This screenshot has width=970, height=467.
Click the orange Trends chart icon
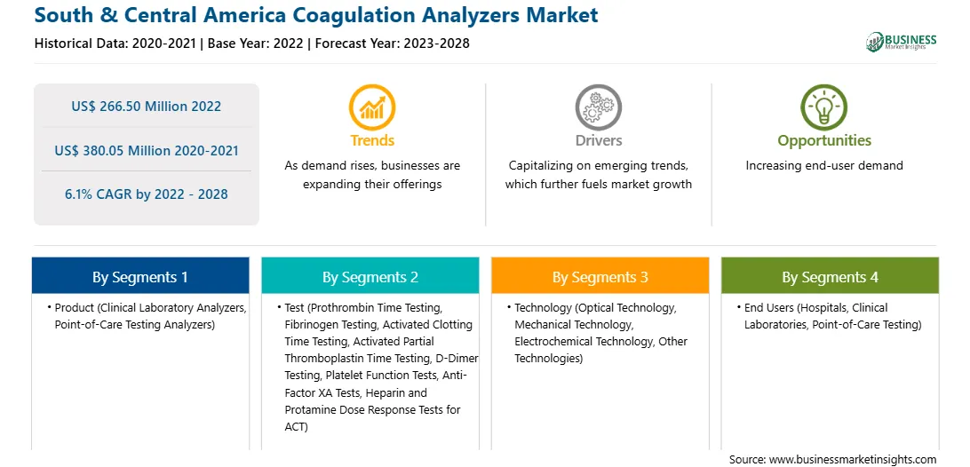pos(372,107)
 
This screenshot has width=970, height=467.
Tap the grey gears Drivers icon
pos(598,107)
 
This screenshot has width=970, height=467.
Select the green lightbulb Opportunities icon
pos(824,107)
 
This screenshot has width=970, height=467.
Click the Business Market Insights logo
pos(902,42)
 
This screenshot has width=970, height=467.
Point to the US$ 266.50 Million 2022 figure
pos(146,106)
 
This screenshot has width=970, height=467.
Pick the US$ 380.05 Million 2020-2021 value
pos(146,150)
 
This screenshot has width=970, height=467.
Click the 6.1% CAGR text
pos(146,194)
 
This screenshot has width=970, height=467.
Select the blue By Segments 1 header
pos(140,275)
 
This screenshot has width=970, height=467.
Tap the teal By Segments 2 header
pos(370,275)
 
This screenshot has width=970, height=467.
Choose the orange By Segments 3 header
pos(600,275)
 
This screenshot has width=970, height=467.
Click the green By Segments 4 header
pos(830,275)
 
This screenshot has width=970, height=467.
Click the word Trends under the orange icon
pos(372,140)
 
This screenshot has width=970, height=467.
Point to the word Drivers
pos(599,140)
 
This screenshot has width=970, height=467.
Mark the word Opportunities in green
pos(824,141)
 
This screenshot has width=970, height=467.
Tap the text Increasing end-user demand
pos(824,165)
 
